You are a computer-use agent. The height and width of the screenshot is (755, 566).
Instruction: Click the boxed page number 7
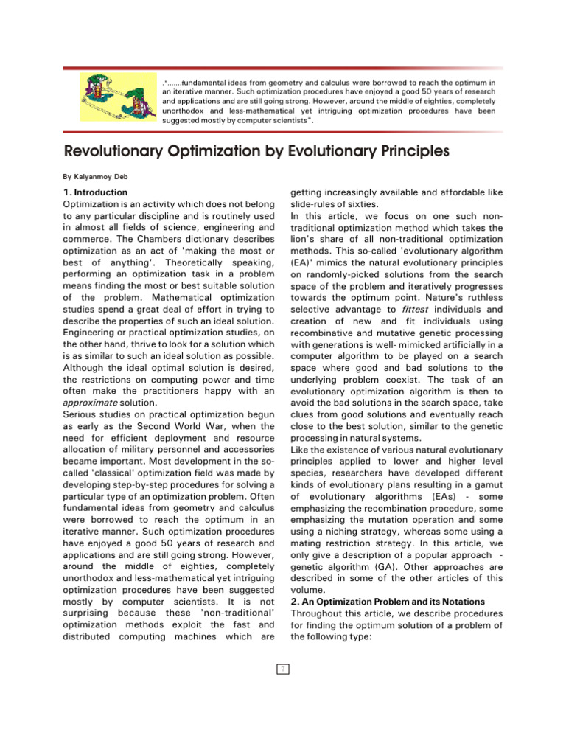[282, 669]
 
